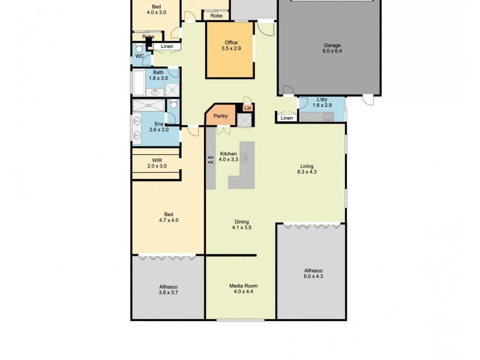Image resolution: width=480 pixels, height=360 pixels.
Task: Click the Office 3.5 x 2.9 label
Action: tap(231, 45)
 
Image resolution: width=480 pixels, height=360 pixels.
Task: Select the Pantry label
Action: tap(221, 116)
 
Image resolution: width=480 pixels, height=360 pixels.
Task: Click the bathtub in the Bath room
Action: tap(138, 82)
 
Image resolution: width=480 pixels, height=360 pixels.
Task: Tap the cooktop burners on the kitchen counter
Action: tap(210, 160)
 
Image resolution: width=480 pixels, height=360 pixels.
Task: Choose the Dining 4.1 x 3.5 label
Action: tap(241, 225)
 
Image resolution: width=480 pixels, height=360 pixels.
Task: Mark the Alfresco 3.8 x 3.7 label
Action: tap(168, 289)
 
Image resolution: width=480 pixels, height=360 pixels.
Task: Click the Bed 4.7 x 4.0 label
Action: tap(169, 217)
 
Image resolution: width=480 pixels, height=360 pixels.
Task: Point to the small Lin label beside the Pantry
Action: tap(247, 108)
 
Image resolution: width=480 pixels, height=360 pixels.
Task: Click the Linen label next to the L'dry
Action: tap(287, 118)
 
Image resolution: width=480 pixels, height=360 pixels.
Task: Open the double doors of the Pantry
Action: tap(223, 129)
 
